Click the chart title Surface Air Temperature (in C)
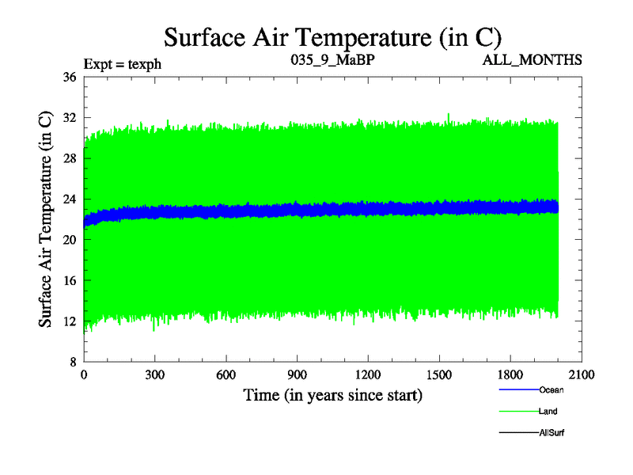[x=333, y=37]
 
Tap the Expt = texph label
[x=123, y=63]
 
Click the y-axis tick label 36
[x=69, y=78]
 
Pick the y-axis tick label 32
[x=69, y=118]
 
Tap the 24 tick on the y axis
[x=69, y=199]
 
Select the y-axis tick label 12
[x=69, y=321]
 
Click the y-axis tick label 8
[x=72, y=362]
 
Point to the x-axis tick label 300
[x=155, y=376]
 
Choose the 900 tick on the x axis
[x=297, y=376]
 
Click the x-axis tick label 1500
[x=439, y=376]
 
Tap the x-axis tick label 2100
[x=582, y=376]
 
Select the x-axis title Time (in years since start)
[x=332, y=394]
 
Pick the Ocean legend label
[x=551, y=389]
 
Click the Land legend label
[x=548, y=411]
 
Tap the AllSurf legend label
[x=551, y=432]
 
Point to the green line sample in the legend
[x=518, y=411]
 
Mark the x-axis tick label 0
[x=84, y=376]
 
